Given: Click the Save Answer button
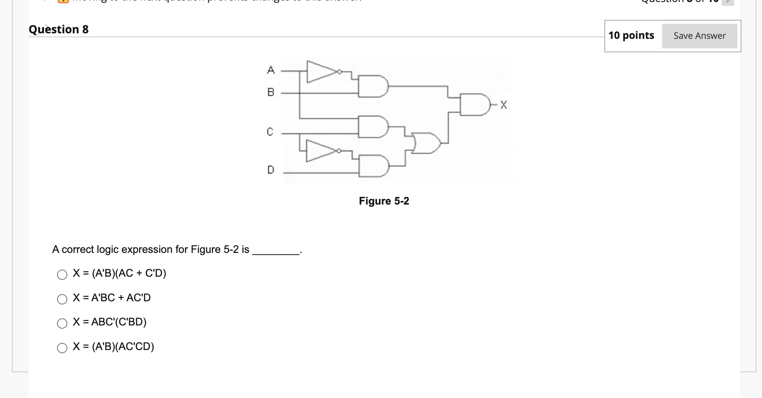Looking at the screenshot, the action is coord(699,36).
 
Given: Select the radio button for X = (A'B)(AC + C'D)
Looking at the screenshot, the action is coord(62,275).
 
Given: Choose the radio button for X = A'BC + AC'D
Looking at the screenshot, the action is coord(62,299).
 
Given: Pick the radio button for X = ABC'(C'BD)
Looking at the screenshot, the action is coord(62,323).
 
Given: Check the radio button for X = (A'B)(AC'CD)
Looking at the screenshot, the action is coord(62,348).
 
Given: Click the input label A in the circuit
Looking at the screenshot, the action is coord(271,70).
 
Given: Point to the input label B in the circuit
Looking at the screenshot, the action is coord(271,92).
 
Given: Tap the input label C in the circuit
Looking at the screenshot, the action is coord(270,132).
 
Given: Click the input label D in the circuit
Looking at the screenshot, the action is coord(271,170).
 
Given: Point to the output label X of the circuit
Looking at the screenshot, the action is coord(503,105).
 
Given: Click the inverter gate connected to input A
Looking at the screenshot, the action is coord(322,72).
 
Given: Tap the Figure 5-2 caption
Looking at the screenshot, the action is coord(384,201).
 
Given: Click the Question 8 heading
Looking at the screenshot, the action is coord(59,29).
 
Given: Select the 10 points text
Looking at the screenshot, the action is coord(631,35).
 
